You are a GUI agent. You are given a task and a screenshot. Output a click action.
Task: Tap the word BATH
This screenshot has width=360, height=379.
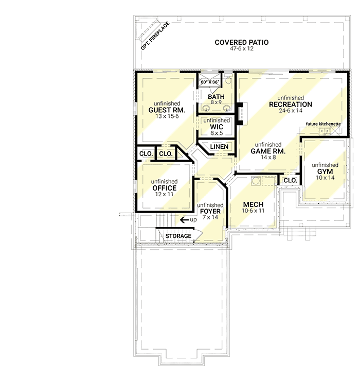(215, 96)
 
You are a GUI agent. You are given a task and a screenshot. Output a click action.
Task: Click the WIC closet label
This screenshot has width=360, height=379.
(216, 127)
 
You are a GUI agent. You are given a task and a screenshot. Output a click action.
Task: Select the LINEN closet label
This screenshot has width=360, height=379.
(219, 147)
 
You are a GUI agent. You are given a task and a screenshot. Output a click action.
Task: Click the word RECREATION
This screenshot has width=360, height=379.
(290, 105)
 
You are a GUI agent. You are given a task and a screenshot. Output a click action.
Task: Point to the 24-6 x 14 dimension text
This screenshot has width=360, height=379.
(290, 111)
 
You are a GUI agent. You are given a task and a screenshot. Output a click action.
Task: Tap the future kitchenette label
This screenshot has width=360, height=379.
(323, 124)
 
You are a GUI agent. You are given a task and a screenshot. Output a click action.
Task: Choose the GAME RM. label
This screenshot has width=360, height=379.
(268, 151)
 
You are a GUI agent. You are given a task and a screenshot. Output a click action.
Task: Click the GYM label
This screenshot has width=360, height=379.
(327, 171)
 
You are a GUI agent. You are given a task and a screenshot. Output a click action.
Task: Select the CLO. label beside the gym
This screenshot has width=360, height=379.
(290, 181)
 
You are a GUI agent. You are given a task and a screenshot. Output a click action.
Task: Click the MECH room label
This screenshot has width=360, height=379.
(253, 204)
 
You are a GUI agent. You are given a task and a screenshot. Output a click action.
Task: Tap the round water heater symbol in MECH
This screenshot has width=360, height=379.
(255, 181)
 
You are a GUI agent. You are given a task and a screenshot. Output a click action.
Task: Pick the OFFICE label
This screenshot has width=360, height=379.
(165, 188)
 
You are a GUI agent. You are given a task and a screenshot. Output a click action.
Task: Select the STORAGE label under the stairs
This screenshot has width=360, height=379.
(178, 236)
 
